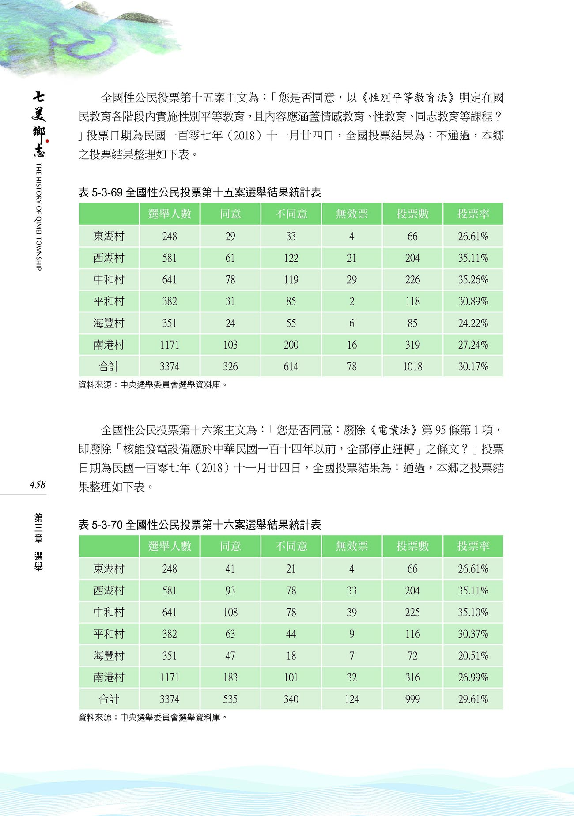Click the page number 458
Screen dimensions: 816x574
tap(38, 485)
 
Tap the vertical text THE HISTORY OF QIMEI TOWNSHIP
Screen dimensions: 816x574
tap(38, 216)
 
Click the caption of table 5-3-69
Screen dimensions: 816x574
tap(200, 192)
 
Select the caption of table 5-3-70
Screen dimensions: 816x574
tap(200, 525)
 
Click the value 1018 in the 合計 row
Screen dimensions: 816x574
tap(412, 366)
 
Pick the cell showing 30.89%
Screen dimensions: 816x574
tap(473, 301)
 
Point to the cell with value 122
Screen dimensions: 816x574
tap(291, 258)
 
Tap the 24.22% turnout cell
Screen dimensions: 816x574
tap(473, 323)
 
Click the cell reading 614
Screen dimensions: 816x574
tap(291, 366)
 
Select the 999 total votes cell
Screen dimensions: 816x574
tap(412, 699)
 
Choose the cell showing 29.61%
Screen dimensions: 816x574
tap(473, 699)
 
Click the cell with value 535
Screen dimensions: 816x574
tap(230, 699)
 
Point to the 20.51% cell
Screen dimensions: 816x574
tap(473, 656)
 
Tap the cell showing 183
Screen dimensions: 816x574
tap(230, 677)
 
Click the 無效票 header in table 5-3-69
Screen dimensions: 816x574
tap(351, 214)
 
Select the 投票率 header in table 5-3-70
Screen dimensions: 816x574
tap(473, 546)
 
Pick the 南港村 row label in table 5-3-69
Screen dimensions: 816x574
tap(109, 345)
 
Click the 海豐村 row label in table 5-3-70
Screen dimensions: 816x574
tap(109, 656)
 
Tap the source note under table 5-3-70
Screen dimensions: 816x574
tap(153, 718)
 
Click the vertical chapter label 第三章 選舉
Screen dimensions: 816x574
tap(38, 542)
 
